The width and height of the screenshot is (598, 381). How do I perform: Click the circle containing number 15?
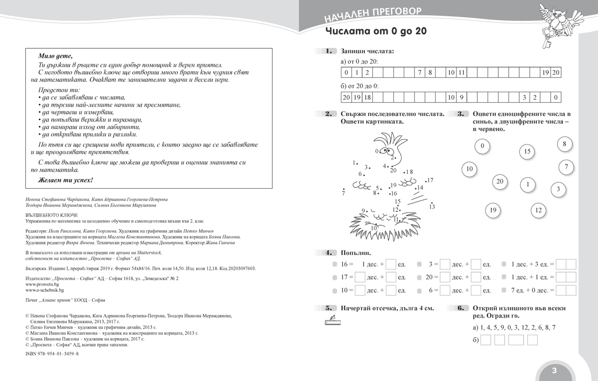[527, 151]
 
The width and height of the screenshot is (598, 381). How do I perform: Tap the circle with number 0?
[482, 146]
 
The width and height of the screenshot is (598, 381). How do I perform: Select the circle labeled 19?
[493, 210]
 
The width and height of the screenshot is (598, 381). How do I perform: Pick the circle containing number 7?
[566, 167]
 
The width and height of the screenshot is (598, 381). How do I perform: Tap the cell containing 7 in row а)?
[420, 73]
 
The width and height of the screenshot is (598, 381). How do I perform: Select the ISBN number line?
[51, 353]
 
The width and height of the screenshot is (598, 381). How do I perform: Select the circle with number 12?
[538, 210]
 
